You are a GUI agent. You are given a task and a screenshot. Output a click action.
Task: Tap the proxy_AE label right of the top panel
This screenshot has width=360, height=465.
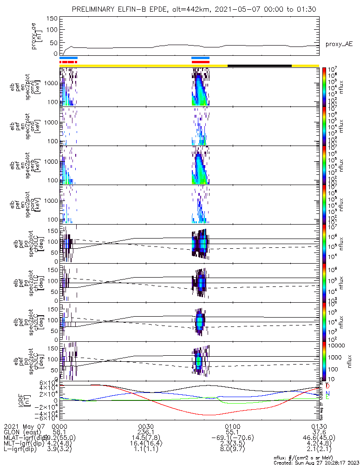[339, 44]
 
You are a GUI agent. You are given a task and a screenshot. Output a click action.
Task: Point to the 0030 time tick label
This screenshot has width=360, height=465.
[146, 426]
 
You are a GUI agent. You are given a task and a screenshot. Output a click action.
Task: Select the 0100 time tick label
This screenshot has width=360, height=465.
[232, 426]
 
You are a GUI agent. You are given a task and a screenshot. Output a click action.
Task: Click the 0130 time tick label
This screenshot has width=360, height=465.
[319, 426]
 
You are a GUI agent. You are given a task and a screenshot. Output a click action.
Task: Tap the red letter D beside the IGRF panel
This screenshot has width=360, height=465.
[328, 386]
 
